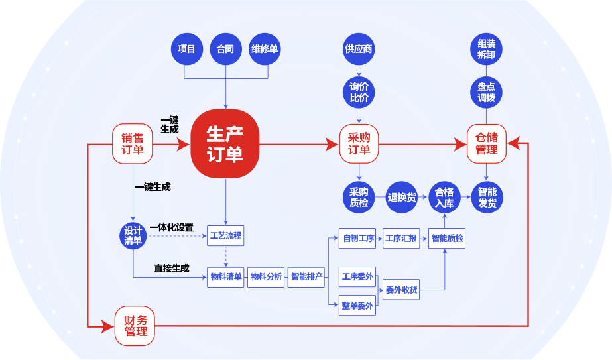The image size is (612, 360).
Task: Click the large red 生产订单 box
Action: [x=225, y=144]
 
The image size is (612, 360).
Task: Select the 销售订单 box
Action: [x=133, y=144]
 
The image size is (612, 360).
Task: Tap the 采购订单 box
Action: [x=359, y=144]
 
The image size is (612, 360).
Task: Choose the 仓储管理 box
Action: [x=487, y=144]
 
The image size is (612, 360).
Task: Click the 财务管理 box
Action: [x=135, y=326]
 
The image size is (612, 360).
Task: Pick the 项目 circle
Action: [x=186, y=49]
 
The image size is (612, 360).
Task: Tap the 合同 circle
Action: [x=225, y=49]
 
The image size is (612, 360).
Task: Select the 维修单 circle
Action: [x=265, y=49]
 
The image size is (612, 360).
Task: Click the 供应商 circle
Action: [x=359, y=49]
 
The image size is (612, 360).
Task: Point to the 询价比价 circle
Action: [x=359, y=92]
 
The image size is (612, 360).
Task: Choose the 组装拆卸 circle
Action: [x=486, y=49]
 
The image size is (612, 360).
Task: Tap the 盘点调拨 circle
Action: [x=486, y=92]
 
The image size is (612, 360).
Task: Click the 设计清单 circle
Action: [x=133, y=235]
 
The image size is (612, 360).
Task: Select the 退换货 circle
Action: [x=402, y=197]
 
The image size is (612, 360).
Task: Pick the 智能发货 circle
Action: [x=487, y=198]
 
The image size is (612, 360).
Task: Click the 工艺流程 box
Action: [x=225, y=236]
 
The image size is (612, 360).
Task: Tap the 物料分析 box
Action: [x=266, y=276]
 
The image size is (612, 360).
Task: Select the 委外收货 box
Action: [x=402, y=289]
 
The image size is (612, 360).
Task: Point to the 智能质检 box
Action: [x=448, y=238]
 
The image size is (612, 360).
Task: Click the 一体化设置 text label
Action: [x=172, y=227]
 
